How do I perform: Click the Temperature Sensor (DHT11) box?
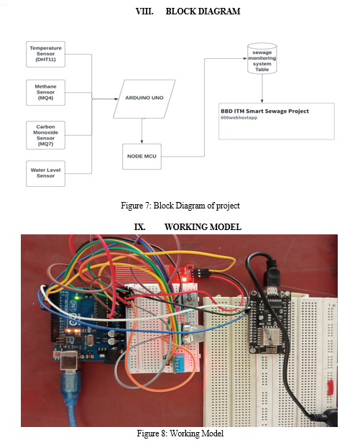pos(45,54)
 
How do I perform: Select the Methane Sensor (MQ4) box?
pos(45,93)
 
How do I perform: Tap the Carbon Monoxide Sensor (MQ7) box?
pos(45,135)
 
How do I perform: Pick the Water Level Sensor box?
pos(45,173)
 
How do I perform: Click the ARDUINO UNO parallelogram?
pos(144,98)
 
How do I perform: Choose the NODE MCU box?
pos(142,157)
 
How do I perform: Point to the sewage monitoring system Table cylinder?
pos(262,59)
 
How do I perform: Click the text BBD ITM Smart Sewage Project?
pos(264,111)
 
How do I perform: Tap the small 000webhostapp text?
pos(239,117)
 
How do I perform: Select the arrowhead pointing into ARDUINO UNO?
pos(116,98)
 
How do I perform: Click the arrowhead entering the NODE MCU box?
pos(142,142)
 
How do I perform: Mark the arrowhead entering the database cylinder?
pos(245,58)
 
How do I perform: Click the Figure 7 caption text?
pos(180,206)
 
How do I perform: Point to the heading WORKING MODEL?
pos(203,227)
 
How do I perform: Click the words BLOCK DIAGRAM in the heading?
pos(203,12)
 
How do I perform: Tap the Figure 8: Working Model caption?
pos(180,433)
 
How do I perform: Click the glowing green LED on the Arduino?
pos(76,298)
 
